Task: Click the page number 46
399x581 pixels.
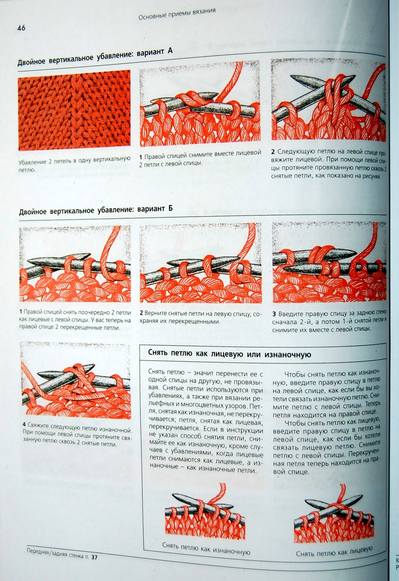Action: click(21, 28)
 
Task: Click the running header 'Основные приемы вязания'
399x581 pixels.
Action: click(177, 14)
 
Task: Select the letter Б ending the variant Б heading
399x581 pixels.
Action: click(170, 208)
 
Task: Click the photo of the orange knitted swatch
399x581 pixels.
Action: click(74, 110)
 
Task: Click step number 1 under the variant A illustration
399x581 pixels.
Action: click(141, 157)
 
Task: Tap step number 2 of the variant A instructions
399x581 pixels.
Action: click(273, 151)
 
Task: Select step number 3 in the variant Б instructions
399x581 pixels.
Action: click(274, 314)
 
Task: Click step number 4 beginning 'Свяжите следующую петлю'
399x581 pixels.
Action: click(24, 424)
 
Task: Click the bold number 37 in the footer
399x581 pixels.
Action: click(94, 556)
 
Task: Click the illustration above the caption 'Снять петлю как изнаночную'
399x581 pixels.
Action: click(205, 512)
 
